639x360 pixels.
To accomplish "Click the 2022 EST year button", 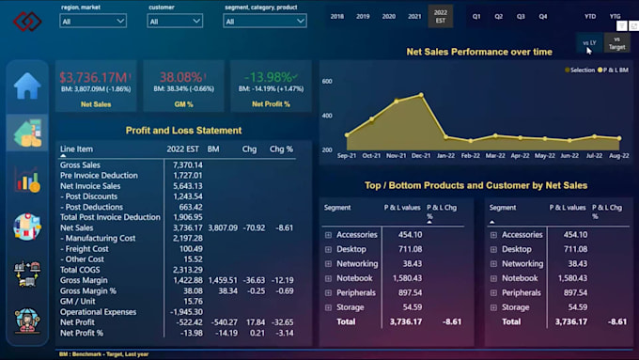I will click(439, 16).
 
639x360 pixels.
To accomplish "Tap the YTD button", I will click(589, 16).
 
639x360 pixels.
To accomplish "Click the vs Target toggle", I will click(616, 43).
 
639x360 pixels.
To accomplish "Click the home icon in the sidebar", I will click(27, 86).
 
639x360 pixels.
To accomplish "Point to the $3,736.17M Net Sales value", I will click(92, 76).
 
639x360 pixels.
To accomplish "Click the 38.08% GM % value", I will click(181, 76).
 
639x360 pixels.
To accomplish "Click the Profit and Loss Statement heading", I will click(183, 131).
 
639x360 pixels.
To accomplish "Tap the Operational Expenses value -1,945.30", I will click(184, 311).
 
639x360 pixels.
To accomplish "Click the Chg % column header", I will click(281, 149).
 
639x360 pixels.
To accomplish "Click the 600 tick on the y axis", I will click(328, 82).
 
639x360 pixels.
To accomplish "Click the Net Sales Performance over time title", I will click(478, 52).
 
